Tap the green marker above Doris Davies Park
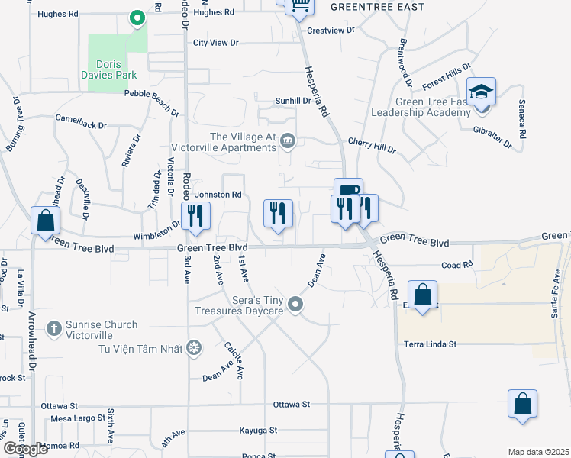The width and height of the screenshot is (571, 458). pos(137,18)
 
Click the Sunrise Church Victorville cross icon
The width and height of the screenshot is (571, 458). pos(53,329)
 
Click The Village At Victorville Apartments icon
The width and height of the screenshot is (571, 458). pos(288,140)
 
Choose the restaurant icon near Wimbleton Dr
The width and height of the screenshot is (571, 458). pos(195,217)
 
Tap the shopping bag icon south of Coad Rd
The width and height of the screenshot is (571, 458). pos(422,295)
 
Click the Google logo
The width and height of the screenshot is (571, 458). pos(25,449)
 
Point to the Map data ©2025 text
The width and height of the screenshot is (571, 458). pos(538,452)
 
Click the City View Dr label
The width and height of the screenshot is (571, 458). pos(216,43)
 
